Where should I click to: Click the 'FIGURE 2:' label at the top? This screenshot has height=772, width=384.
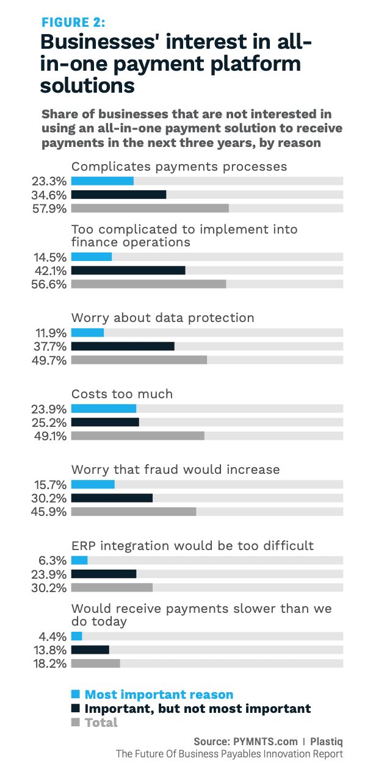click(x=73, y=23)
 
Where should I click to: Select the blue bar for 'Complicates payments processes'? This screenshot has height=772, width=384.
click(x=103, y=181)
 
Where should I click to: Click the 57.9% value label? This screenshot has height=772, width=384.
click(x=49, y=209)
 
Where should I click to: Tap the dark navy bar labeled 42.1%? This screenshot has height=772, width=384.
click(x=128, y=270)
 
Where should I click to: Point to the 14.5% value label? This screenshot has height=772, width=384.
click(x=50, y=257)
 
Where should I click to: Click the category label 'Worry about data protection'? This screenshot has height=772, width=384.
click(x=163, y=318)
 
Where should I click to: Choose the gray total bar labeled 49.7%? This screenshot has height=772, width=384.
click(x=139, y=360)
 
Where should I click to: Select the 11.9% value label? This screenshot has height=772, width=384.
click(x=51, y=334)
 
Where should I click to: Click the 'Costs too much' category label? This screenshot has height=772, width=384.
click(x=122, y=393)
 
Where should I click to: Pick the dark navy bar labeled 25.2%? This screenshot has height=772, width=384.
click(x=105, y=422)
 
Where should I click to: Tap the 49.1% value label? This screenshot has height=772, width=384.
click(x=50, y=437)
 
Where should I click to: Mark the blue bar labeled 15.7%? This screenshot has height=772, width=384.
click(x=93, y=484)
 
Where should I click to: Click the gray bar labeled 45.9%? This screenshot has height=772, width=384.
click(x=134, y=512)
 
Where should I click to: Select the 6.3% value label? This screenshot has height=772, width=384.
click(x=53, y=561)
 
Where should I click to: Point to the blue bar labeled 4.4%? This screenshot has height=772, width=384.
click(x=76, y=636)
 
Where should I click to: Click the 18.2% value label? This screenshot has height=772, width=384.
click(x=50, y=664)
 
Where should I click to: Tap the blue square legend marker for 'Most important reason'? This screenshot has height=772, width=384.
click(x=76, y=694)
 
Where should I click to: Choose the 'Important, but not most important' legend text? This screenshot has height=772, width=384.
click(x=198, y=709)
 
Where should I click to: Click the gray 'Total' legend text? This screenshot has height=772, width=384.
click(x=101, y=723)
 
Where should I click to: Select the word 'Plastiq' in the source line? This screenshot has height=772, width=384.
click(x=327, y=742)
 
